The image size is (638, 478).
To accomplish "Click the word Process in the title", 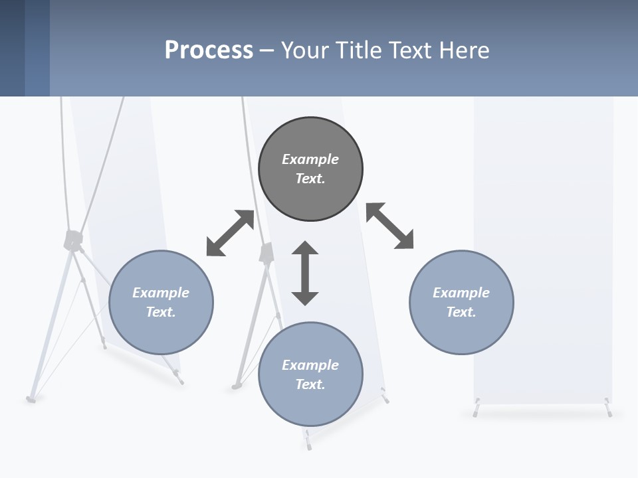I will (x=209, y=50).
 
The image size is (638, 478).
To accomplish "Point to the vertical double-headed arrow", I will (x=305, y=273).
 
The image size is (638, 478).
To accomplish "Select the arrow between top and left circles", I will (x=230, y=233).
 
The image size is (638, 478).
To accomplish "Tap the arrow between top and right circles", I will (x=390, y=226).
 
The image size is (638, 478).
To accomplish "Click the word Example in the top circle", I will (x=310, y=159).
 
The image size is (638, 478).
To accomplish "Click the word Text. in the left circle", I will (x=161, y=312).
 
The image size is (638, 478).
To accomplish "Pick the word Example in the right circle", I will (x=461, y=293).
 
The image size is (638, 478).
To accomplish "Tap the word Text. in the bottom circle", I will (x=310, y=384).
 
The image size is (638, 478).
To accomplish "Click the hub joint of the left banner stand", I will (x=72, y=240).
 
